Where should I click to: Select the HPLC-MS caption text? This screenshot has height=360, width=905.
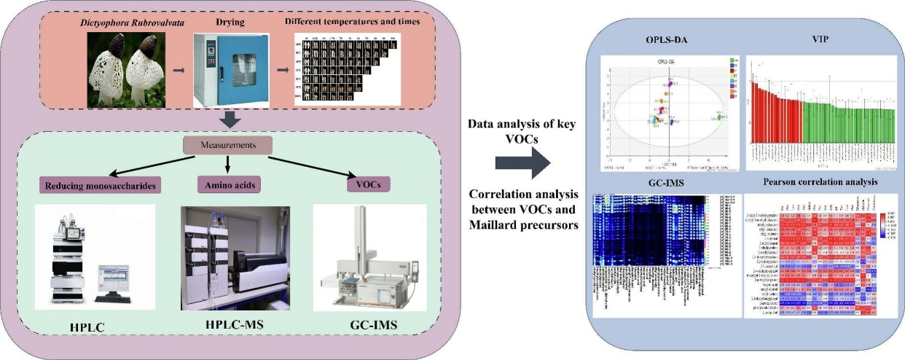point(228,324)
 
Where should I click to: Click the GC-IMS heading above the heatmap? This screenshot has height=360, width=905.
point(665,185)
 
